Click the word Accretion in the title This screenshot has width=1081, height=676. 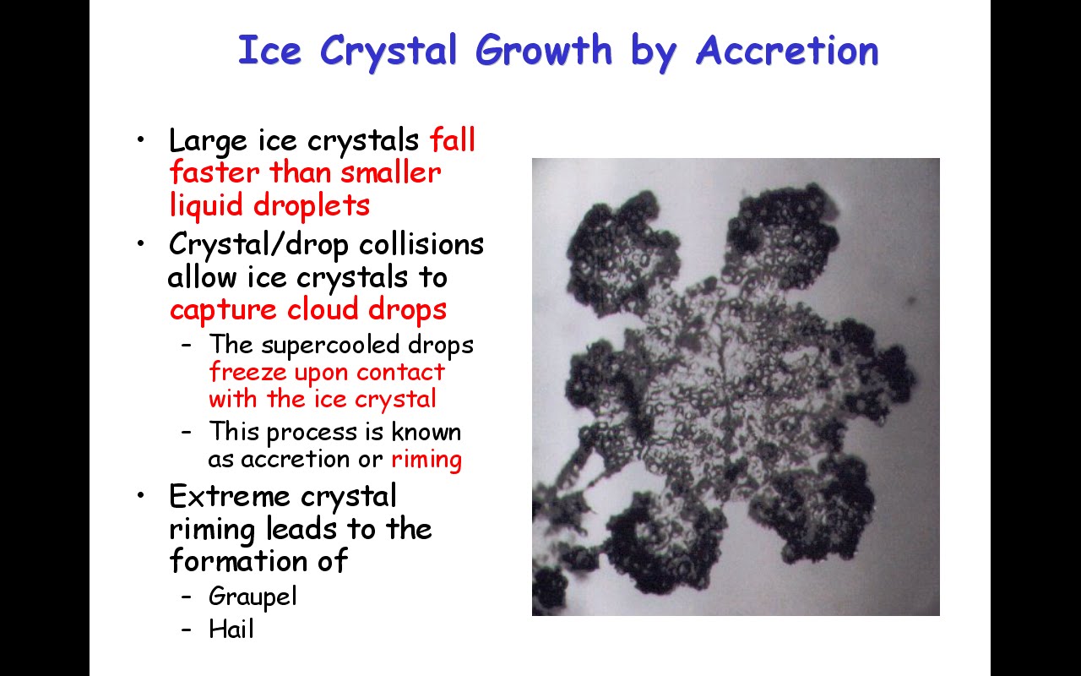click(x=787, y=50)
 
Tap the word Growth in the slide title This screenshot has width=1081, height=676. click(x=544, y=49)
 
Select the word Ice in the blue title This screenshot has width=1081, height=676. click(x=269, y=50)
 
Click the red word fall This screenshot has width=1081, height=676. click(x=453, y=139)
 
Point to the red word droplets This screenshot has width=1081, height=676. click(x=312, y=206)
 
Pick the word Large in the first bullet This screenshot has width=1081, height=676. click(x=208, y=141)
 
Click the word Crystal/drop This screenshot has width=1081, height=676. click(x=258, y=244)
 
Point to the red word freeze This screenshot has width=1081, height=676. click(x=248, y=371)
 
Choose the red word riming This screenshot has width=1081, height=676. click(x=426, y=459)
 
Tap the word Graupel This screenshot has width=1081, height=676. click(x=253, y=597)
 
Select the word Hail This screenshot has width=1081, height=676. click(x=231, y=629)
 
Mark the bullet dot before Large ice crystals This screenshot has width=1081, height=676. click(x=140, y=140)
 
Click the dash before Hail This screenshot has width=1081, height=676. click(x=187, y=630)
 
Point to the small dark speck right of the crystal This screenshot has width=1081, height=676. click(x=911, y=301)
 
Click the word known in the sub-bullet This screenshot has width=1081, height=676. click(x=426, y=431)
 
